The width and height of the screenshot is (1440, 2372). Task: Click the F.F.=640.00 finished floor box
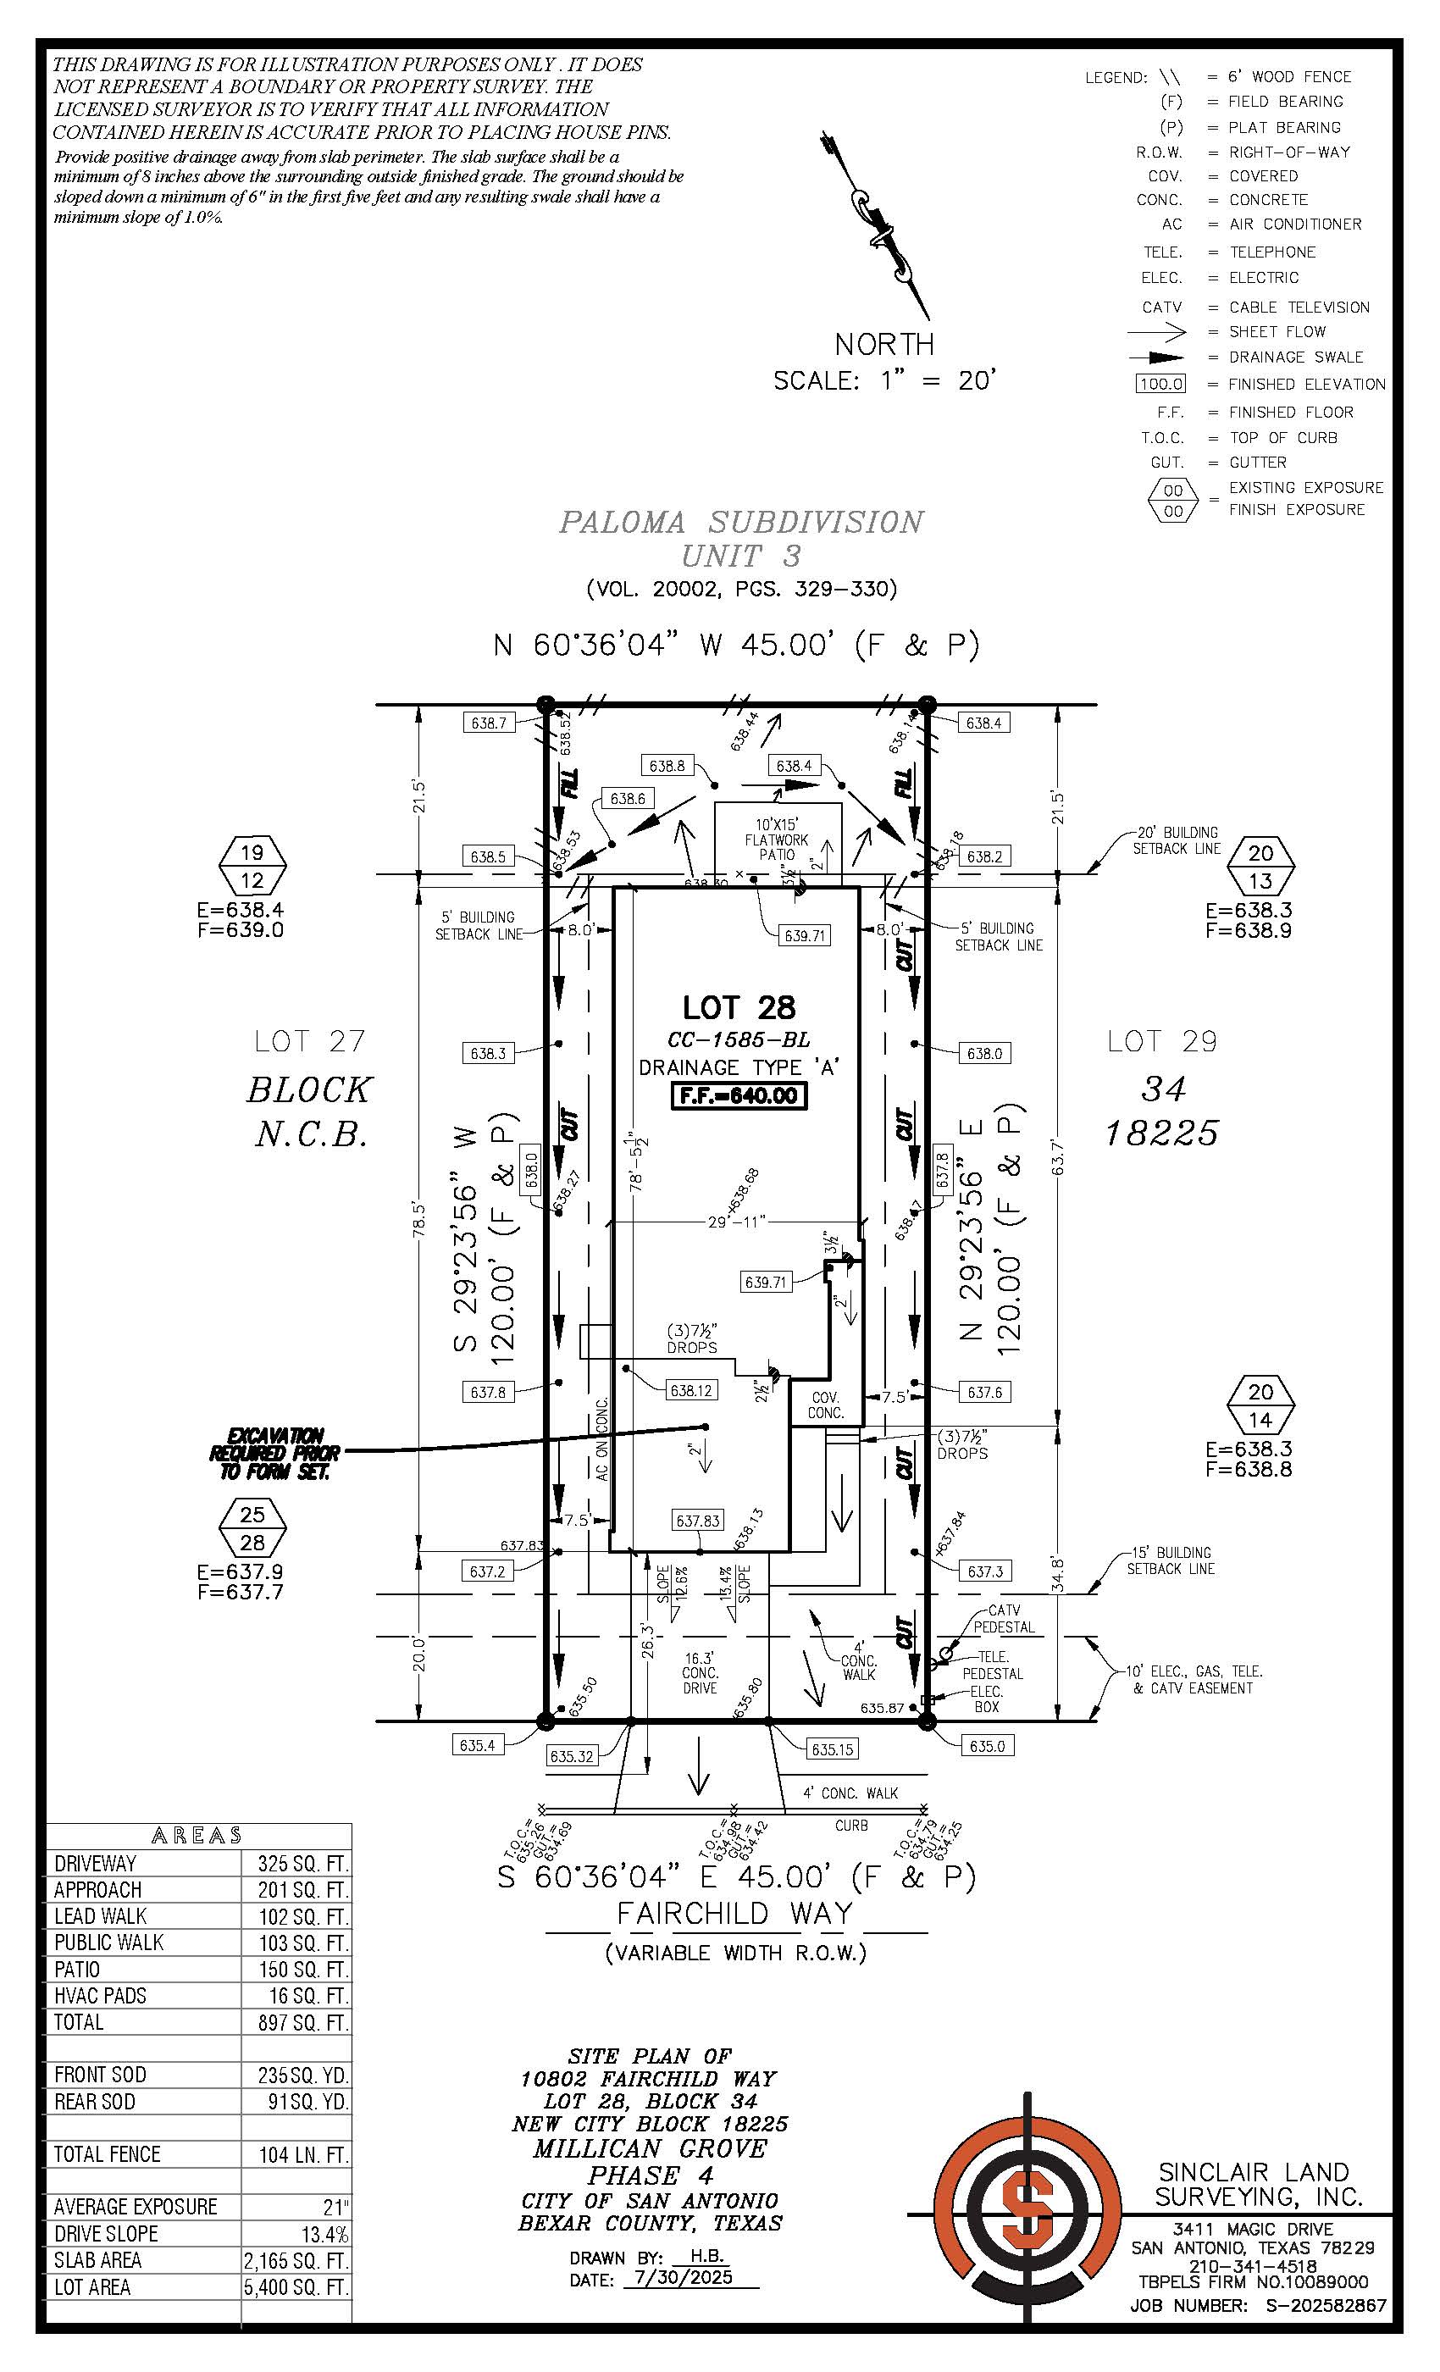tap(739, 1095)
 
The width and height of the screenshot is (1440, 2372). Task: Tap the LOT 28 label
tap(739, 1007)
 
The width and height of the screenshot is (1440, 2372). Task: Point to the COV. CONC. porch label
tap(826, 1405)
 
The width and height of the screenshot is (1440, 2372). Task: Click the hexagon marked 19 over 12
tap(252, 866)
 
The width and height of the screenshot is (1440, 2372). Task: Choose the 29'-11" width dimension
tap(736, 1222)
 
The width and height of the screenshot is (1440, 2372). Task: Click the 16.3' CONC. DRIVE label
tap(700, 1673)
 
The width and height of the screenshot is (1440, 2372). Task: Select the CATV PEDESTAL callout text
tap(1004, 1618)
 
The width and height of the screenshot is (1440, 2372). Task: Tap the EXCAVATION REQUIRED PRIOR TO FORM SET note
tap(274, 1453)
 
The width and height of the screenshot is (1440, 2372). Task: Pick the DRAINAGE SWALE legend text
tap(1296, 357)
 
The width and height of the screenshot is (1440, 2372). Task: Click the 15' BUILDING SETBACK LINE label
tap(1171, 1560)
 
